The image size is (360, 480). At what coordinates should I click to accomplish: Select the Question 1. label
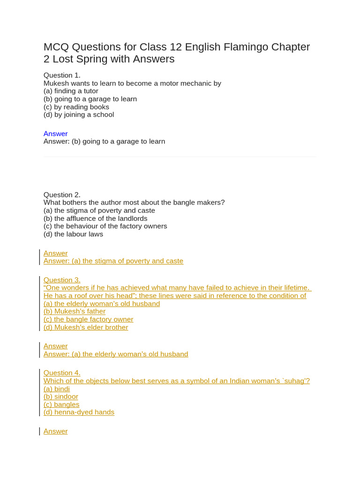62,75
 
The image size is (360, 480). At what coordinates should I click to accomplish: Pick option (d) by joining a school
79,114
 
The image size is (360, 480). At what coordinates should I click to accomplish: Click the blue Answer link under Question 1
55,134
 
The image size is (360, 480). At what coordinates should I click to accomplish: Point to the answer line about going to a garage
104,141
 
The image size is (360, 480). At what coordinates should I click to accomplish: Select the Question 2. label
62,195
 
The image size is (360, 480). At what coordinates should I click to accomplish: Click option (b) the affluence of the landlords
96,218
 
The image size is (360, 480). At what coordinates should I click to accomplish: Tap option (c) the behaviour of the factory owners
105,226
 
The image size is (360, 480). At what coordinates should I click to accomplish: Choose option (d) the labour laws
73,234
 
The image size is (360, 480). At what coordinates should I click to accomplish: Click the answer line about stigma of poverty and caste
113,261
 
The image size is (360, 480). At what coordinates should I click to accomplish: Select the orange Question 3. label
62,280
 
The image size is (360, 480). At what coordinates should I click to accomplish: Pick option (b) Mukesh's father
75,311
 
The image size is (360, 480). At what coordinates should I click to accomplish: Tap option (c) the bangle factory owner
89,319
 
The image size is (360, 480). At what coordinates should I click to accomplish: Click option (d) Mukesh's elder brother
86,327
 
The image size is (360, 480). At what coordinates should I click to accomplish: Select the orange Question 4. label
62,373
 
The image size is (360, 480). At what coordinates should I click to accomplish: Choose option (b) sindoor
61,397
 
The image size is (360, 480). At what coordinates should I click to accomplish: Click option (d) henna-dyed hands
79,412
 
